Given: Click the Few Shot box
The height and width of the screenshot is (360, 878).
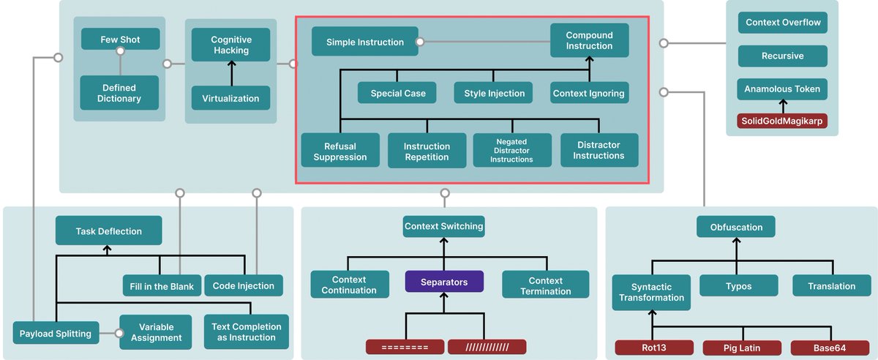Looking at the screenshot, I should pyautogui.click(x=120, y=39).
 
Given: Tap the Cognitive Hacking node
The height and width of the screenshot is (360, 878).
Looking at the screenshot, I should pyautogui.click(x=230, y=45).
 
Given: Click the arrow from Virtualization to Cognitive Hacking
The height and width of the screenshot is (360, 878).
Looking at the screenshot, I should pyautogui.click(x=230, y=73).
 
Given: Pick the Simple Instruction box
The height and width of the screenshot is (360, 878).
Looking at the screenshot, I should pyautogui.click(x=364, y=42).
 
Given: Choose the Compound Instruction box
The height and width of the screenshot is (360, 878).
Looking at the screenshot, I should pyautogui.click(x=589, y=40).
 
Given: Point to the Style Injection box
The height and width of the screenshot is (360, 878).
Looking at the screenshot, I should pyautogui.click(x=494, y=93).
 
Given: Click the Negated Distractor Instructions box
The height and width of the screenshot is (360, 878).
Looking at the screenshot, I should pyautogui.click(x=511, y=150).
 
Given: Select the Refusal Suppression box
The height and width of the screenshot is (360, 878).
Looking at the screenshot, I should pyautogui.click(x=339, y=151).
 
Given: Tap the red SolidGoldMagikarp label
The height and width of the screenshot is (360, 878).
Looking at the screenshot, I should pyautogui.click(x=782, y=121).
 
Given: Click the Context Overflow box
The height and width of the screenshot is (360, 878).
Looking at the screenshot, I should pyautogui.click(x=782, y=23).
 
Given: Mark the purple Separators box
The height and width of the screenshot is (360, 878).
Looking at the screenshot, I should pyautogui.click(x=444, y=281).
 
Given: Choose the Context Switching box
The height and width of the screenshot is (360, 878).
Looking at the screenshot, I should pyautogui.click(x=443, y=226).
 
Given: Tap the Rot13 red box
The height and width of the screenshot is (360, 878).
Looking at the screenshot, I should pyautogui.click(x=653, y=348).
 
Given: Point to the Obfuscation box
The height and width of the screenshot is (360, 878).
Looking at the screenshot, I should pyautogui.click(x=735, y=227).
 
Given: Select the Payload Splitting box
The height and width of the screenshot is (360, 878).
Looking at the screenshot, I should pyautogui.click(x=56, y=334).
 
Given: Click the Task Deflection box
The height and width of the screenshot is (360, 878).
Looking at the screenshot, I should pyautogui.click(x=108, y=231).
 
